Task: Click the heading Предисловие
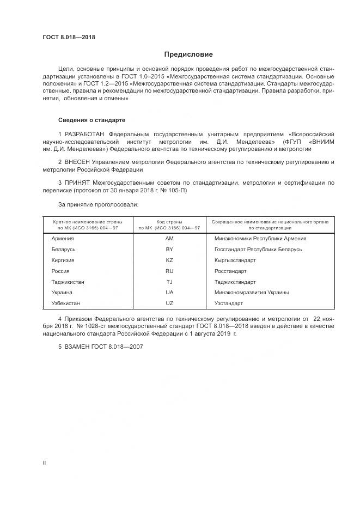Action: pos(189,54)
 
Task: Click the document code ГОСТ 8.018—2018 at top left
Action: pos(69,37)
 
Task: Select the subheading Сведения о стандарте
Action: pos(91,120)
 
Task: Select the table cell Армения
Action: pos(62,239)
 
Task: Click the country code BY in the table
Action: pos(169,250)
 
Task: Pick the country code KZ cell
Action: pos(169,260)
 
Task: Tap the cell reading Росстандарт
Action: pos(230,271)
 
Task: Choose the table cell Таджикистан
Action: pos(68,282)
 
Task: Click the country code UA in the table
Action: pos(169,292)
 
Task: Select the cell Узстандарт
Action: pos(229,303)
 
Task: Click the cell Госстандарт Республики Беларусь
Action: pos(258,250)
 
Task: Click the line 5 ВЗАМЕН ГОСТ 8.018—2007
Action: pos(100,347)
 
